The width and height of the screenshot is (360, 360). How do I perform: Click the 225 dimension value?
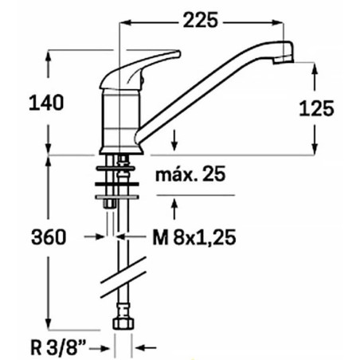pos(198,22)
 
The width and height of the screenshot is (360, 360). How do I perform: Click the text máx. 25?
pos(189,174)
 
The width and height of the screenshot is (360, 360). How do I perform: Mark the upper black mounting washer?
pos(118,169)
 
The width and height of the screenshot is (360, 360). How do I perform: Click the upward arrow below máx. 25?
pos(174,206)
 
